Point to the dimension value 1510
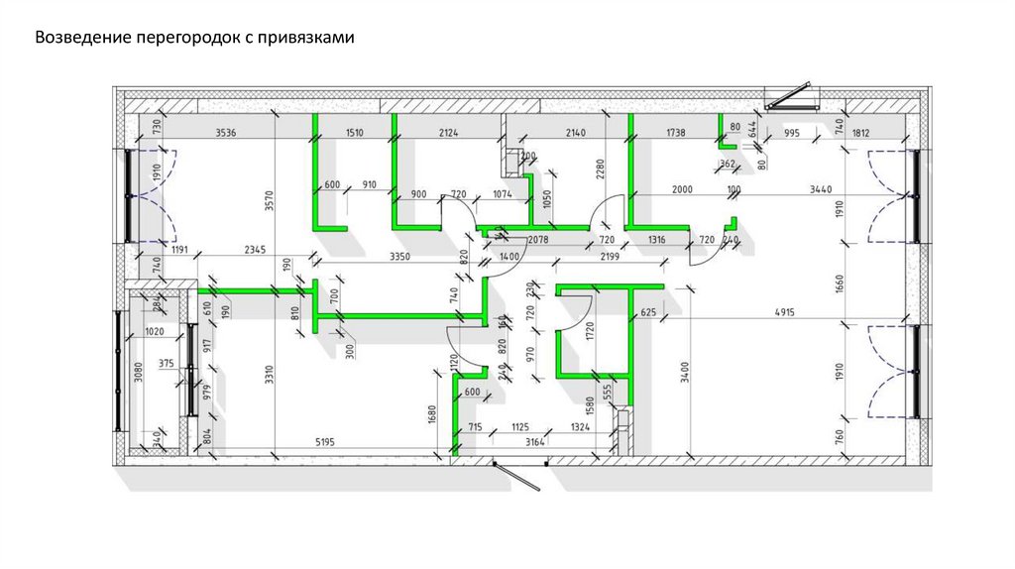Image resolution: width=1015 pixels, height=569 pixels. (x=355, y=132)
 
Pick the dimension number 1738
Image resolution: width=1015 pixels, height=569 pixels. (x=675, y=132)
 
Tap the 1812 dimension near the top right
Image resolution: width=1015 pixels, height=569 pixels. (x=859, y=132)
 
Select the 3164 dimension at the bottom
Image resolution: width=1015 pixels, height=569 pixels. (x=536, y=441)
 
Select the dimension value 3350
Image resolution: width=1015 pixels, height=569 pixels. (x=400, y=257)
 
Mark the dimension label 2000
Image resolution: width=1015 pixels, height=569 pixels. (x=681, y=188)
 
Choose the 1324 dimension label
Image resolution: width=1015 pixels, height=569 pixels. (x=581, y=427)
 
